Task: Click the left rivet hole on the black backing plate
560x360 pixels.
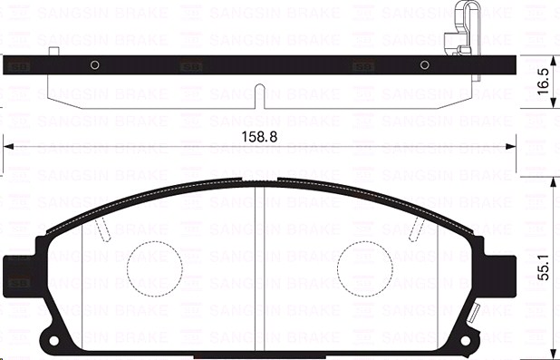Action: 94,63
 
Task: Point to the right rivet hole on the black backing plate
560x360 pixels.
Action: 424,63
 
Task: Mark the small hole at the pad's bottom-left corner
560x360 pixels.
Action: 53,343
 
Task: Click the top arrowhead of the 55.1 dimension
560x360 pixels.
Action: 551,181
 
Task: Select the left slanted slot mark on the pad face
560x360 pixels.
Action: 106,231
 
